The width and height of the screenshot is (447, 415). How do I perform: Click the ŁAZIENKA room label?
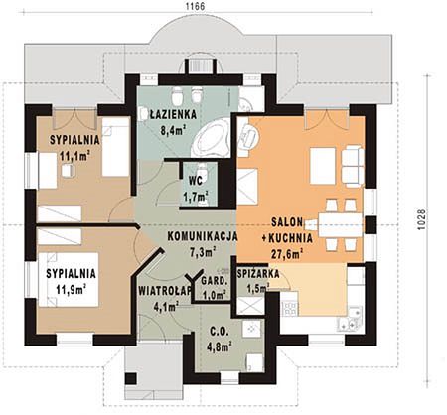click(173, 114)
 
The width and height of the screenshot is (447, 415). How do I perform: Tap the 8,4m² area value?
click(173, 130)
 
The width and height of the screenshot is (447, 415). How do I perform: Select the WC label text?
click(196, 181)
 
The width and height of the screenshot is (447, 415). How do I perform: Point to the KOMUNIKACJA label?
click(203, 236)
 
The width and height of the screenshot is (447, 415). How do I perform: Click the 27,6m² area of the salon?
click(288, 254)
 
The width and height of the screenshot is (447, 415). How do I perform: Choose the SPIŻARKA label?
click(258, 274)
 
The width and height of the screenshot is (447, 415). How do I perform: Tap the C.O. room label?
click(219, 332)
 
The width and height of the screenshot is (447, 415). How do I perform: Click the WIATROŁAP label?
click(165, 291)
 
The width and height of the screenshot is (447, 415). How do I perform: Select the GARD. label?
click(215, 282)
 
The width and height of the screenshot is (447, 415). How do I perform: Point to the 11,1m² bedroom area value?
click(75, 155)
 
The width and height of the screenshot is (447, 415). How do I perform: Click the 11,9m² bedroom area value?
click(72, 290)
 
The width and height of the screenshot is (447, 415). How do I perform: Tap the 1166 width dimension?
click(195, 6)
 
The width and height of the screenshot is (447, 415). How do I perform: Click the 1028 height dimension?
click(420, 219)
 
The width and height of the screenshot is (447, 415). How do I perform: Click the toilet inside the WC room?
click(202, 171)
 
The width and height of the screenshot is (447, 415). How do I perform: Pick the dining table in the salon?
click(341, 225)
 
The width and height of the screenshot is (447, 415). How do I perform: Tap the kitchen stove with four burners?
click(289, 309)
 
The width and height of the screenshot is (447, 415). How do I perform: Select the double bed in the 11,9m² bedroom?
click(69, 280)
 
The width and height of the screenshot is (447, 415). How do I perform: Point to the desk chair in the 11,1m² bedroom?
click(69, 171)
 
